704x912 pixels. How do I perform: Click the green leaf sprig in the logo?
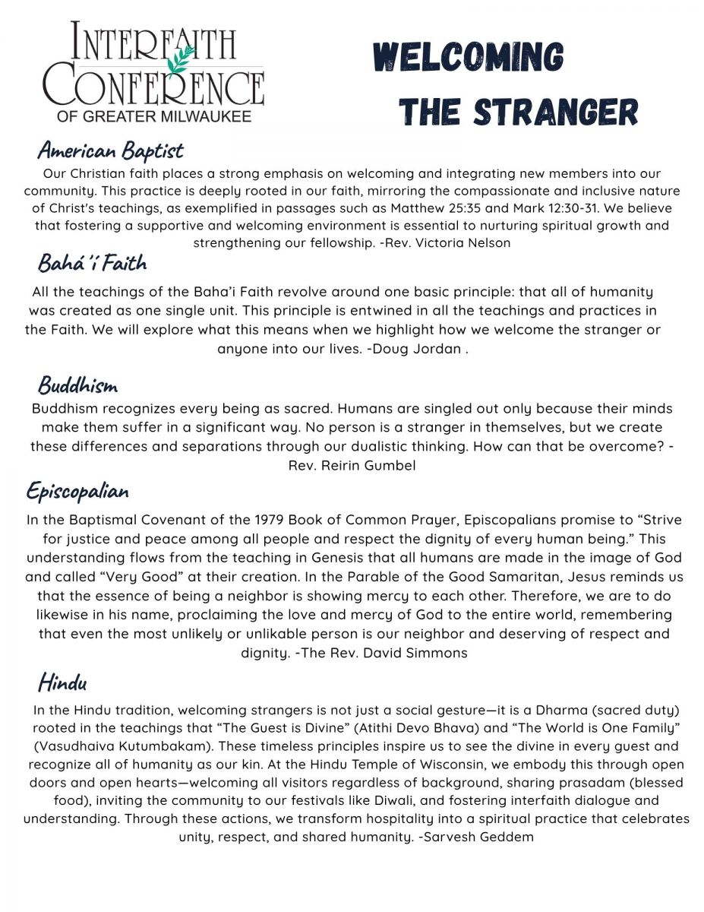point(181,59)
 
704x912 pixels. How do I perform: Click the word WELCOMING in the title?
point(468,59)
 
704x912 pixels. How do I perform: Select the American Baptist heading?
point(110,150)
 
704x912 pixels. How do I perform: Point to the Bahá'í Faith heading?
point(92,264)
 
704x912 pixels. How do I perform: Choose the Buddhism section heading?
point(77,385)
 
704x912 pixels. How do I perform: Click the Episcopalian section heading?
point(77,492)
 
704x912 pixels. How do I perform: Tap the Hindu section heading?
point(62,682)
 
